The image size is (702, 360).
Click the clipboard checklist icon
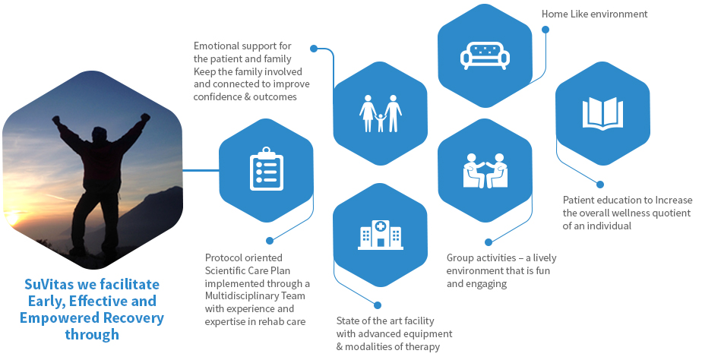267,169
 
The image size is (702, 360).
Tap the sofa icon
485,55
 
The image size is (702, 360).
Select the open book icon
602,112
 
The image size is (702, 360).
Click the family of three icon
381,113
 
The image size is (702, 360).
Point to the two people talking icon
485,171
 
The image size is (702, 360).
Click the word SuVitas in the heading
49,284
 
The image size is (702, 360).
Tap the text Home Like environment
595,14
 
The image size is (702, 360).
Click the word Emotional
217,46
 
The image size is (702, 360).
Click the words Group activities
481,258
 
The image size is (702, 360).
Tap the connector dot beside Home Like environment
545,30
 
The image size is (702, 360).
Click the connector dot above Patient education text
600,185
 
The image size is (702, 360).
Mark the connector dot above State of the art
378,305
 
